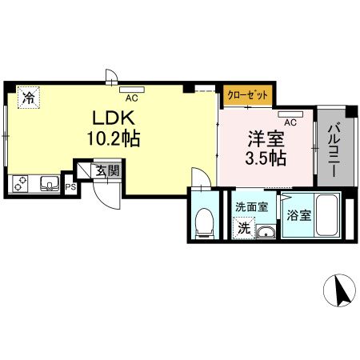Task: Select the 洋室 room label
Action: tap(266, 137)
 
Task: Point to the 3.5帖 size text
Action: tap(266, 158)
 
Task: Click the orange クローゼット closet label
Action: tap(248, 94)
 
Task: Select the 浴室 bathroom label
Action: tap(298, 214)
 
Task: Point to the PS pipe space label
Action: tap(70, 187)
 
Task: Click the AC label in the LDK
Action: tap(130, 98)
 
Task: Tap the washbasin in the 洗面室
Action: tap(266, 232)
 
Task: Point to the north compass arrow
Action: tap(341, 292)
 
